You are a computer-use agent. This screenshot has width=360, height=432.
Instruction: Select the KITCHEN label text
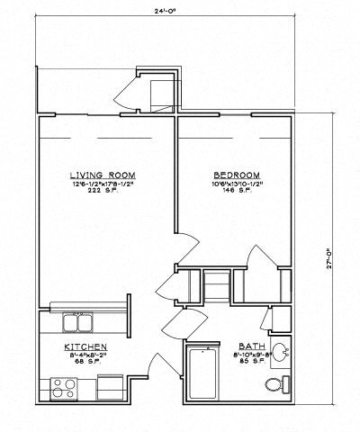point(86,346)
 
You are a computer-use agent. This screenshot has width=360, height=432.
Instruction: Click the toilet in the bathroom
point(276,386)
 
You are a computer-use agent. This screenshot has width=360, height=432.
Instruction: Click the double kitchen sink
point(79,322)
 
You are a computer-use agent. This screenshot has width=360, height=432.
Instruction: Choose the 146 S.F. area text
point(238,193)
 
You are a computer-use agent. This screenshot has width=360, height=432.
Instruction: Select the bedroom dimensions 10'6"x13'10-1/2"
point(238,184)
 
